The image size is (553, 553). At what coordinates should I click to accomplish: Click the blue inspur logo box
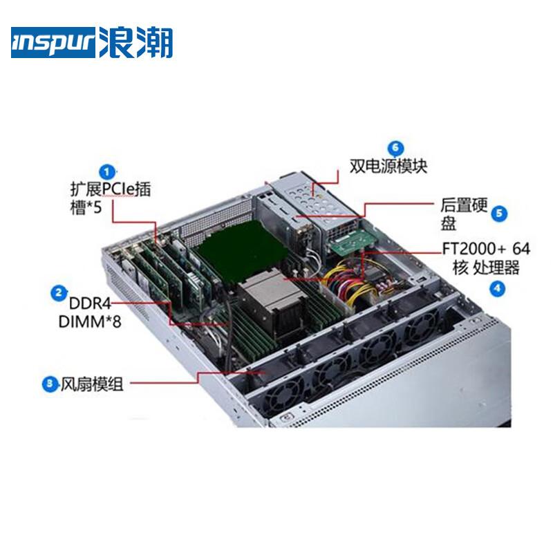click(53, 42)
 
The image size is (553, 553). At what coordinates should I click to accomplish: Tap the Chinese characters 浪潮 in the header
click(135, 42)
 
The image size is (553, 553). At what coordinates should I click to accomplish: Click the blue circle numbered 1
click(107, 172)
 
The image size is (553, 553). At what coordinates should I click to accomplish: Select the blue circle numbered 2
click(59, 293)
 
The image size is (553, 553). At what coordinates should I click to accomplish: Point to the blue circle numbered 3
click(50, 384)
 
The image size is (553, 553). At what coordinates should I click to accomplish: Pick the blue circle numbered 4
click(497, 288)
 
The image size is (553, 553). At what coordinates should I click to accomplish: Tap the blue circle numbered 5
click(499, 214)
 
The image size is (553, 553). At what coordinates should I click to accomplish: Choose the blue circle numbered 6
click(395, 148)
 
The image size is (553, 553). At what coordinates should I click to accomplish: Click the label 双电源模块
click(388, 166)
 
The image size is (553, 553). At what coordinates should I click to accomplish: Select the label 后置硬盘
click(463, 214)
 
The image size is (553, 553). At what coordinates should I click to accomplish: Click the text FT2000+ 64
click(487, 249)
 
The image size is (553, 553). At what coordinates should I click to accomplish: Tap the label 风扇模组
click(92, 384)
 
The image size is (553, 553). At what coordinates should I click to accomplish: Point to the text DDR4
click(90, 303)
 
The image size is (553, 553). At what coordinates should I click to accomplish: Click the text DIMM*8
click(90, 321)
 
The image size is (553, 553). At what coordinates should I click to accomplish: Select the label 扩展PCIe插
click(111, 189)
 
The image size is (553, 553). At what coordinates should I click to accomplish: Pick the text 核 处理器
click(486, 268)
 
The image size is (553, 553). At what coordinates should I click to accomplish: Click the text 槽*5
click(86, 207)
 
